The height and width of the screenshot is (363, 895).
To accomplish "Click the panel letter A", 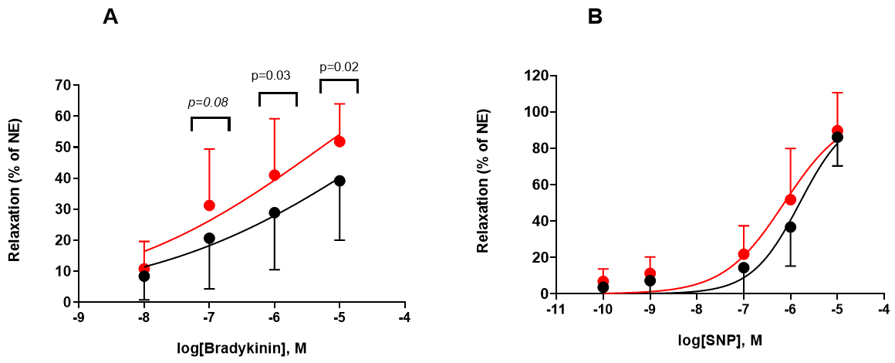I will tap(110, 18).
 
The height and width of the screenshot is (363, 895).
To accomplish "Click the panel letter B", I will tap(595, 17).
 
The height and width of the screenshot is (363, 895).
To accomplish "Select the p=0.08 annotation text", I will tap(210, 101).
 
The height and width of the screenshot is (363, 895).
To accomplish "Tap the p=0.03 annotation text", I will tap(271, 76).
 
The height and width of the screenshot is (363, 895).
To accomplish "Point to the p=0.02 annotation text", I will tap(339, 66).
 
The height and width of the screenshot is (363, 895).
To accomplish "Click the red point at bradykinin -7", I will tap(209, 205).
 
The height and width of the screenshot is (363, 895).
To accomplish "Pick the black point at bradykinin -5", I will tap(339, 181).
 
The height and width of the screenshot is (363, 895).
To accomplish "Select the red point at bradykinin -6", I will tap(274, 175).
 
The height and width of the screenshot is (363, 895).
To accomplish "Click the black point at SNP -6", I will tap(790, 227).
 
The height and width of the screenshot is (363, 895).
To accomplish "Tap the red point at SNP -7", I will tap(744, 254).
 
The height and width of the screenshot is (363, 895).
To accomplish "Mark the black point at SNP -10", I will tap(603, 287).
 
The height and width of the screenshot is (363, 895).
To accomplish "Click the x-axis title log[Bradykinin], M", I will tap(242, 348).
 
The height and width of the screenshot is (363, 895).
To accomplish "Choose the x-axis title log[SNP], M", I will tap(721, 340).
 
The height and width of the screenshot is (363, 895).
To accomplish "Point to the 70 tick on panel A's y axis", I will tap(62, 85).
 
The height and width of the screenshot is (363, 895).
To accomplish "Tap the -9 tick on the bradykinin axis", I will tap(78, 317).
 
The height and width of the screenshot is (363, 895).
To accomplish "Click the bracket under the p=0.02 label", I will tap(339, 80).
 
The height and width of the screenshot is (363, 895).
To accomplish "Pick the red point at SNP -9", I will tap(650, 273).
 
